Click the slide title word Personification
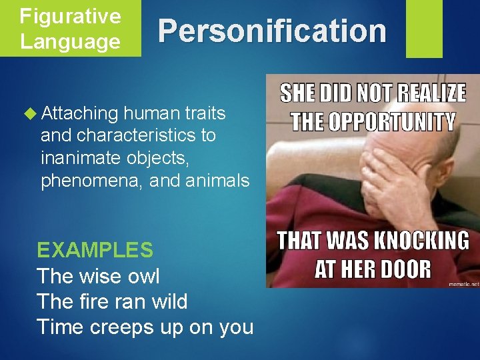click(272, 31)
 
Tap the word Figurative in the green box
click(70, 16)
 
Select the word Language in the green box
click(70, 41)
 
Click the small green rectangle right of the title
click(424, 28)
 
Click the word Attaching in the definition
click(79, 114)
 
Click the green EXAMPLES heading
click(95, 250)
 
